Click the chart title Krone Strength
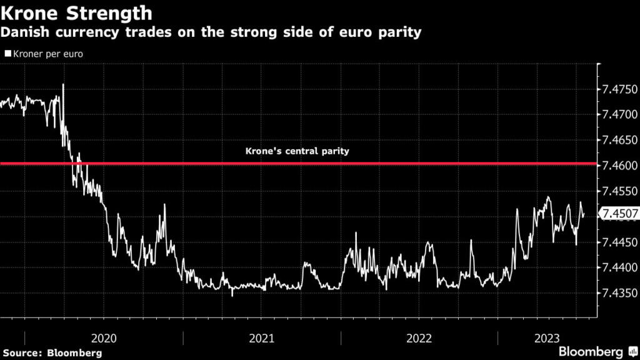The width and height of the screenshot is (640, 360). pyautogui.click(x=76, y=12)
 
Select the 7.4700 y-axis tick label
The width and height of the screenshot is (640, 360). pyautogui.click(x=619, y=115)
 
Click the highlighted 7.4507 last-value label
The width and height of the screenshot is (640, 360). pyautogui.click(x=619, y=215)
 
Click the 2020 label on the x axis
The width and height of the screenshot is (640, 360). pyautogui.click(x=104, y=338)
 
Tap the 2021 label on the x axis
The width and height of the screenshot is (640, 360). pyautogui.click(x=262, y=338)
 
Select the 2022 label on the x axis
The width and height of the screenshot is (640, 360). pyautogui.click(x=419, y=338)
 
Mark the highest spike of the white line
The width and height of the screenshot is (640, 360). pyautogui.click(x=62, y=85)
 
